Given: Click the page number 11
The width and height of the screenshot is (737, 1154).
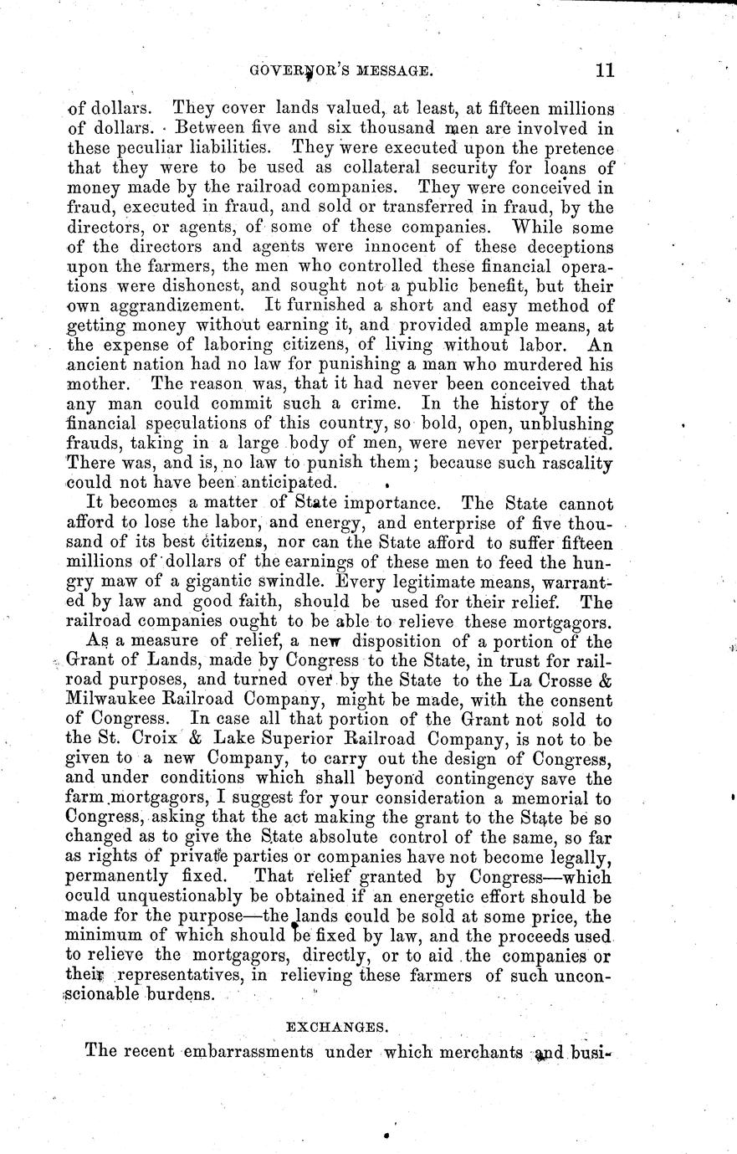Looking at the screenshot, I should pos(604,71).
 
